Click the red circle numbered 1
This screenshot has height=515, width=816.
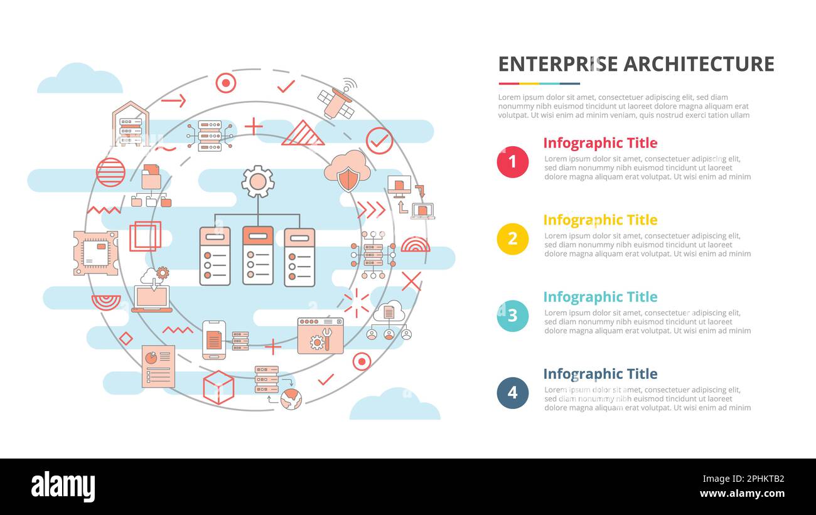513,162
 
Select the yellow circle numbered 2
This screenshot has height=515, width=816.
513,239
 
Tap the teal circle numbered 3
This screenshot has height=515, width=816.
513,316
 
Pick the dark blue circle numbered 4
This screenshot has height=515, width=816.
513,393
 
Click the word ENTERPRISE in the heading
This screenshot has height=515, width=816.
558,64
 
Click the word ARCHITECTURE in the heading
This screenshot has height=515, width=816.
699,64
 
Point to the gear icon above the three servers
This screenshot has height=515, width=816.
258,182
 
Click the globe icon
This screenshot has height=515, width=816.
291,399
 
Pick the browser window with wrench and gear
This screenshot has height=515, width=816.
320,336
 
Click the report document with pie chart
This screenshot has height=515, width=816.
158,366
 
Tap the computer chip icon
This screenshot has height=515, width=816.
96,253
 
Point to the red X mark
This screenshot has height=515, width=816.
412,281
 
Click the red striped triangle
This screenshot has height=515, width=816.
303,133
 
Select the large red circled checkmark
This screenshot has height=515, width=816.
379,141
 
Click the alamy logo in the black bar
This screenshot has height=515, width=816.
63,486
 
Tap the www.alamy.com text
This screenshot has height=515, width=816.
742,494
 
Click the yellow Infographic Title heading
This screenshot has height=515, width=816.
600,220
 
